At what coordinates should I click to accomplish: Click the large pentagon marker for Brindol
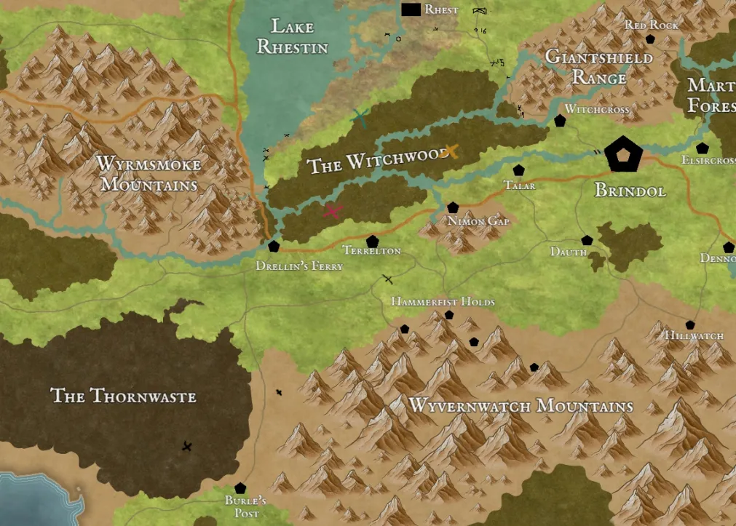point(624,154)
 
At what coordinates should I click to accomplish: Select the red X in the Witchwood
point(333,211)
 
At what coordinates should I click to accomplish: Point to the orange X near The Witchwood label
point(450,151)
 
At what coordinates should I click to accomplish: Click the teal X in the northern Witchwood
point(359,117)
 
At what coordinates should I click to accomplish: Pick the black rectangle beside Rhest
point(411,9)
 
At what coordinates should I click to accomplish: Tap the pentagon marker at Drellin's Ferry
point(274,247)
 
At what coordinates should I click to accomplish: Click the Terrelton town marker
point(372,242)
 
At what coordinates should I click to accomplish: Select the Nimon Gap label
point(478,221)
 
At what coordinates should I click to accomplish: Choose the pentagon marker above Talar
point(518,170)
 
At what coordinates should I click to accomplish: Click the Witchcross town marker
point(560,121)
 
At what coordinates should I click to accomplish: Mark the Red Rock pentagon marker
point(650,39)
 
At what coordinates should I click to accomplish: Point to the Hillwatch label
point(694,336)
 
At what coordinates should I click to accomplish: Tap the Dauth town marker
point(587,240)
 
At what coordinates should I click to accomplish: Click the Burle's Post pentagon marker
point(240,488)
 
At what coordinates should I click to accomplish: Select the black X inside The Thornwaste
point(187,446)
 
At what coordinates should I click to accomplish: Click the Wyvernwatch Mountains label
point(521,406)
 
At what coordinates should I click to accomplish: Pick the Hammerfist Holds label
point(443,301)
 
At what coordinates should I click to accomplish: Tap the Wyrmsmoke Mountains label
point(149,175)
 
